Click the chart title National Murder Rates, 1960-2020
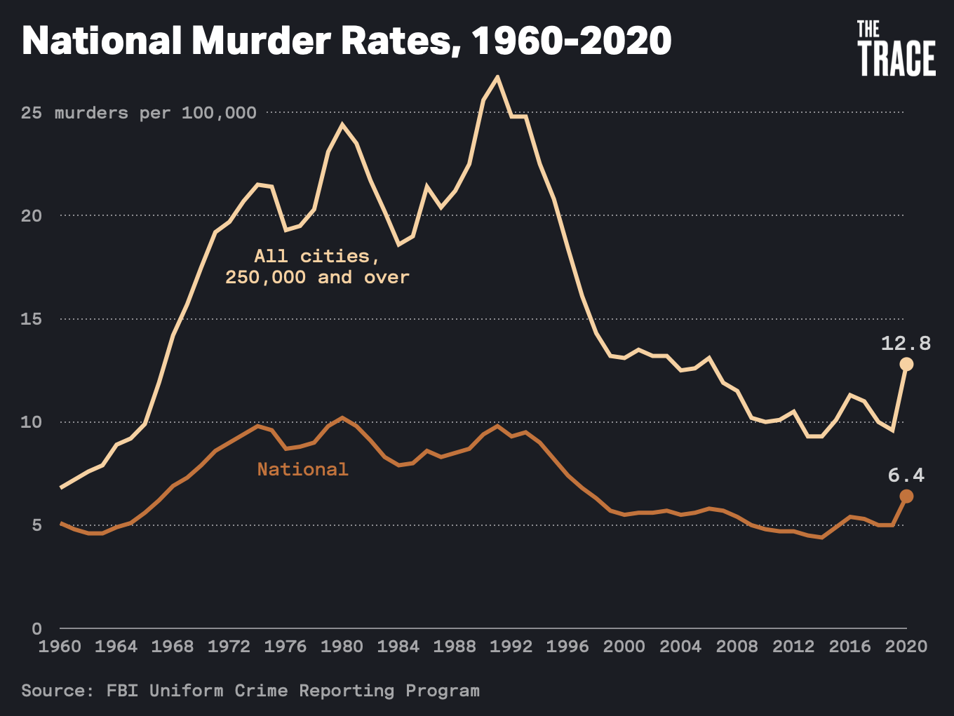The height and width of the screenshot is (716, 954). (347, 41)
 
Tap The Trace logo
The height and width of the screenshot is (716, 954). (896, 48)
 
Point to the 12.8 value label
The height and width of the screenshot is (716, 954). (906, 343)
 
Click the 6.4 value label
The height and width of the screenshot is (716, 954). (906, 475)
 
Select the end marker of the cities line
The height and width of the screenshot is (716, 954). (906, 364)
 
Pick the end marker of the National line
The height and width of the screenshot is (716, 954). (906, 497)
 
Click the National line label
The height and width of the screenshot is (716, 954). (302, 469)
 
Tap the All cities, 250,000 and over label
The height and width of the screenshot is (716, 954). (317, 266)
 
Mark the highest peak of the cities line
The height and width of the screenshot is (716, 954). (497, 76)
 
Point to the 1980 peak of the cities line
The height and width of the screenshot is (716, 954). (342, 125)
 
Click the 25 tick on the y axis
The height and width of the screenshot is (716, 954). (32, 113)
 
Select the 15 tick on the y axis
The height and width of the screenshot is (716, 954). (32, 319)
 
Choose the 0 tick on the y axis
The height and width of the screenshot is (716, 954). (37, 628)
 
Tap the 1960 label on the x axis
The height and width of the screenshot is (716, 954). (60, 647)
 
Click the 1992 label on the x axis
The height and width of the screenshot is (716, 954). (511, 647)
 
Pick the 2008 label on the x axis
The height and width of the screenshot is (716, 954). (737, 647)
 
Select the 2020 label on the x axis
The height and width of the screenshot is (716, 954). (906, 647)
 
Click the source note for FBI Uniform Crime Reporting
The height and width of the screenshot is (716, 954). (250, 691)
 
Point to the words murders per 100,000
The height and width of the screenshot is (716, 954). (156, 113)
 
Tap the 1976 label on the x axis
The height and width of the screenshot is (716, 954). (285, 647)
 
